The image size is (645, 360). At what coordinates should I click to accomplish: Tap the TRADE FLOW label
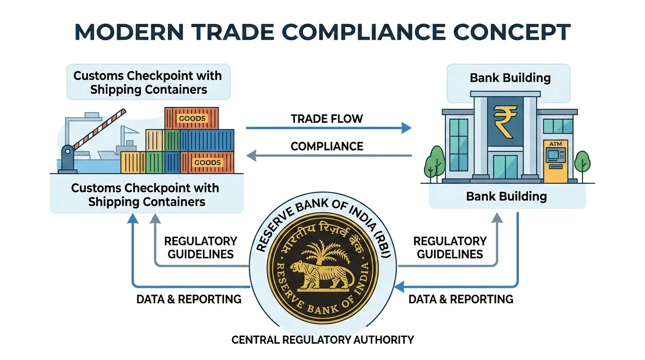(x=327, y=119)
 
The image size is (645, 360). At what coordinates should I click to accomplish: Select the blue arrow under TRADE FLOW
(x=328, y=127)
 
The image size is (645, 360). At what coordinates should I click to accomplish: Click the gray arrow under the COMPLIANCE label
(x=328, y=155)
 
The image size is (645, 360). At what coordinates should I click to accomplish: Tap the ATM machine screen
(x=555, y=154)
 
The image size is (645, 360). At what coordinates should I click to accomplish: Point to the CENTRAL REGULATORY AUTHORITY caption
(x=322, y=339)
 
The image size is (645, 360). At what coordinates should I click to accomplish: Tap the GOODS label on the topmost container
(x=192, y=118)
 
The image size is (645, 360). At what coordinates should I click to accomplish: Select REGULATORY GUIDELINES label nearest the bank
(x=450, y=247)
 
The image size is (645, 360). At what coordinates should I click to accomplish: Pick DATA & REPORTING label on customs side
(x=188, y=299)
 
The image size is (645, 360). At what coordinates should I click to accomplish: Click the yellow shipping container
(x=133, y=162)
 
